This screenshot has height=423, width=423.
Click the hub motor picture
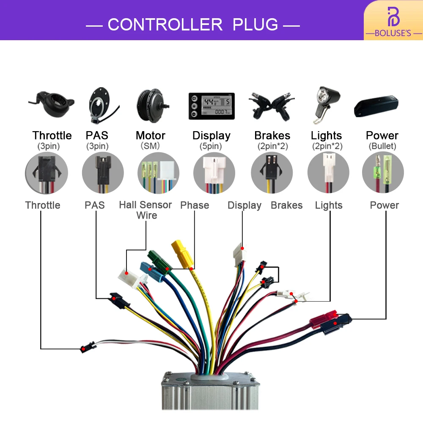151,103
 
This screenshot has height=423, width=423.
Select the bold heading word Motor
151,135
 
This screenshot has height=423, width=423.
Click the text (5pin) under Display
211,146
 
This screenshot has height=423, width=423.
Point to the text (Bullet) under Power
382,146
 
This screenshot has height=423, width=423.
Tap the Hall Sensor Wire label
146,210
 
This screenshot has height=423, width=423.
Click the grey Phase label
195,205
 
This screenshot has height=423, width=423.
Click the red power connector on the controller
321,320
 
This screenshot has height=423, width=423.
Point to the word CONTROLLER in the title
165,25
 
